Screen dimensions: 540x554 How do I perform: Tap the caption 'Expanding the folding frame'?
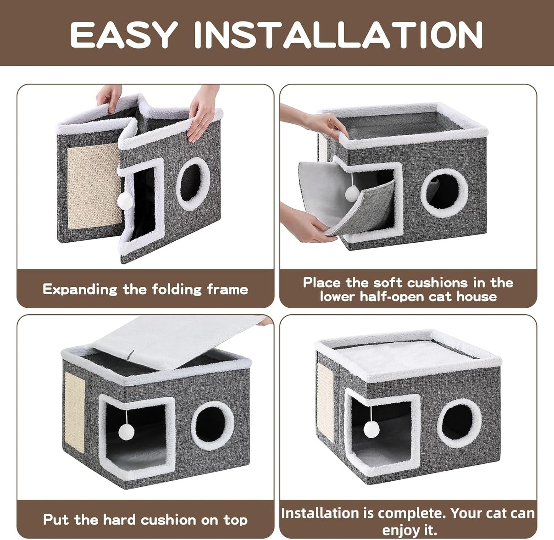pyautogui.click(x=145, y=289)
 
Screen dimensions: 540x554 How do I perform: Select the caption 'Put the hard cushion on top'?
pyautogui.click(x=145, y=520)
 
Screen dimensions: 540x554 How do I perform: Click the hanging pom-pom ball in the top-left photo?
pyautogui.click(x=125, y=199)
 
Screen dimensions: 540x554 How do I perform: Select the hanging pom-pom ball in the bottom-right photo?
pyautogui.click(x=370, y=427)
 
